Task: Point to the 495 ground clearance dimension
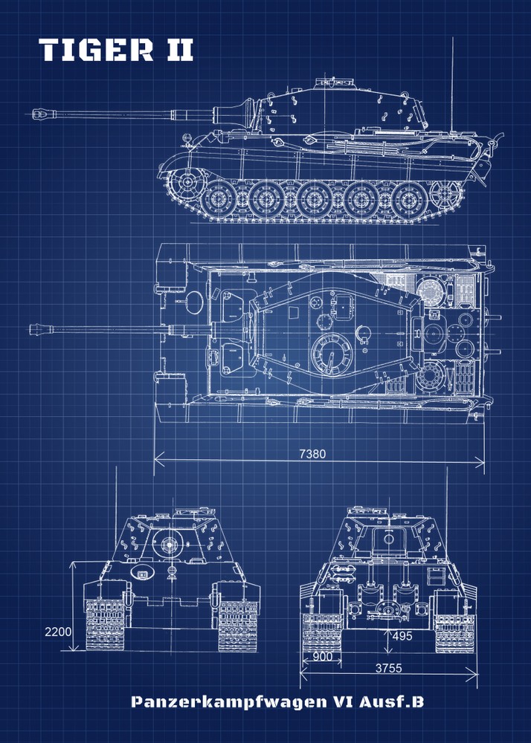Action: click(x=402, y=636)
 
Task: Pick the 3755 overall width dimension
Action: click(x=387, y=668)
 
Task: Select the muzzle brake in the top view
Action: click(x=43, y=328)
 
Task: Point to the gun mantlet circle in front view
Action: click(x=167, y=543)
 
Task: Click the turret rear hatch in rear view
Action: click(x=387, y=541)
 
